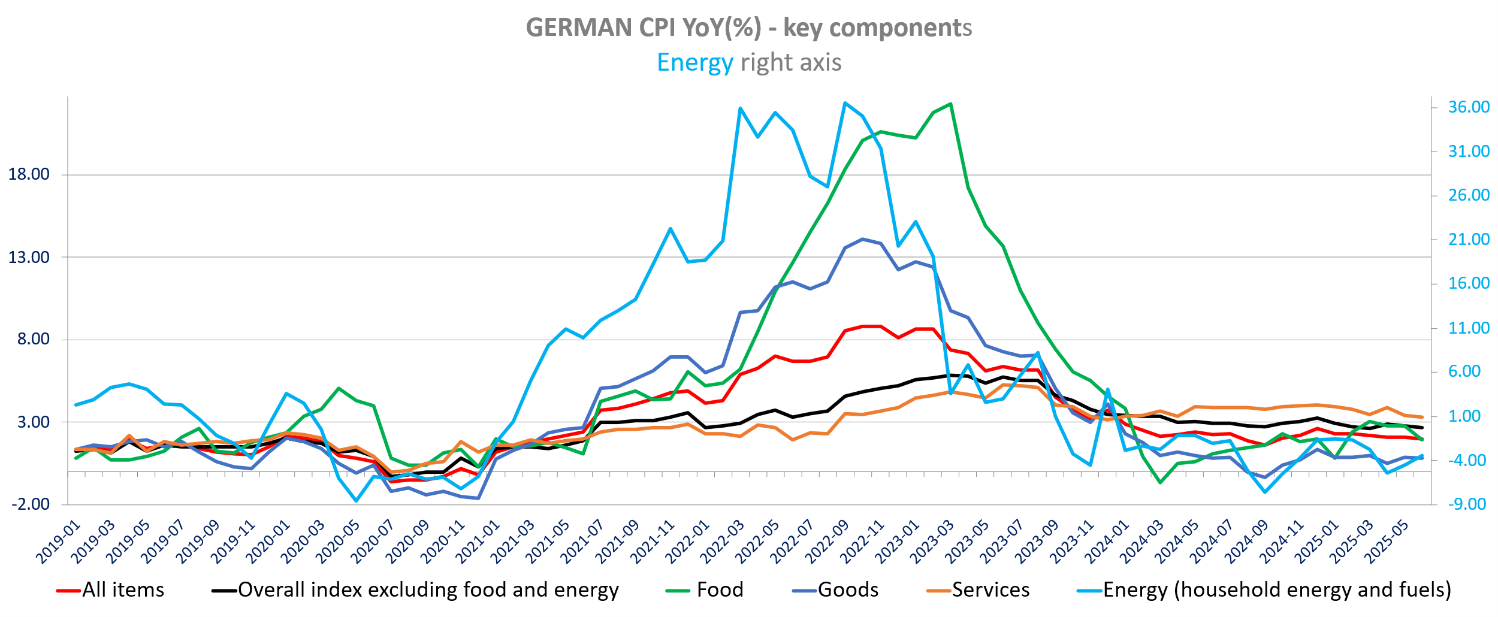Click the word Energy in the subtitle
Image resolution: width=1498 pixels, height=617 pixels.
click(x=694, y=62)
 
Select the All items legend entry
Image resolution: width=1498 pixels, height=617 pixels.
click(x=123, y=590)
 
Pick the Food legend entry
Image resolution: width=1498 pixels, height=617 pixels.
click(x=719, y=590)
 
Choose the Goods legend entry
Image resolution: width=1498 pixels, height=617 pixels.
click(x=847, y=590)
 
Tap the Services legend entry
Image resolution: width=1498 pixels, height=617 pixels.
click(x=990, y=590)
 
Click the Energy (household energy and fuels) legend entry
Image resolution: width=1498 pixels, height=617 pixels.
click(x=1276, y=590)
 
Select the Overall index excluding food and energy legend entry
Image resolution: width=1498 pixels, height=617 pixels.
click(x=428, y=590)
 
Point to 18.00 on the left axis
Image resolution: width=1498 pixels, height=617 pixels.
click(x=29, y=174)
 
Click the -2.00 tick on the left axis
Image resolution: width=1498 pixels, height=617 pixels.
click(x=31, y=504)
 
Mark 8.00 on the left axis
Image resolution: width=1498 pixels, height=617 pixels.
click(x=33, y=339)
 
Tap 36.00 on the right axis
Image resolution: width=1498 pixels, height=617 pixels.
click(x=1469, y=107)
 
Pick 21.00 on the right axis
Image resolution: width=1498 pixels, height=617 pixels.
click(x=1469, y=240)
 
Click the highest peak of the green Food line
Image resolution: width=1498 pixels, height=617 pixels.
click(x=951, y=104)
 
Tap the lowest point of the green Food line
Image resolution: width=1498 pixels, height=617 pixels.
click(x=1160, y=482)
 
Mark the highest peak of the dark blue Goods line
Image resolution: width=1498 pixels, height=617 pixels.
click(x=863, y=239)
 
